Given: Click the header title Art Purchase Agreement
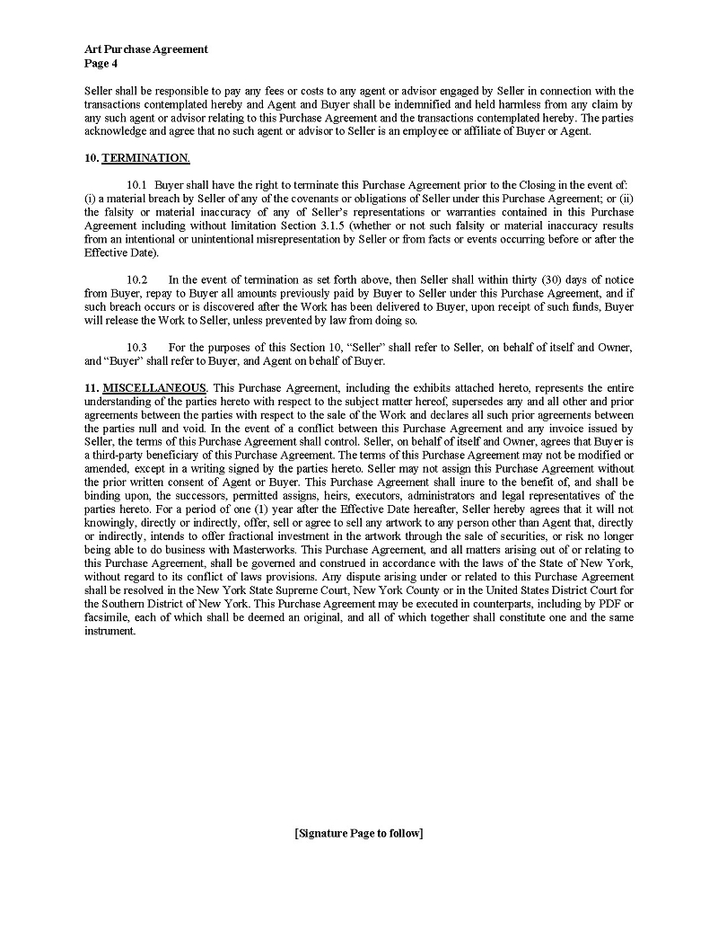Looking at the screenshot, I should (145, 49).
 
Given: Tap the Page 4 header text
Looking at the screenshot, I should (101, 63).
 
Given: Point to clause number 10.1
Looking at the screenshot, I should (136, 185).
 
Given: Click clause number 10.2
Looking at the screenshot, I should (136, 279).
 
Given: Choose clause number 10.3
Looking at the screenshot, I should (136, 348).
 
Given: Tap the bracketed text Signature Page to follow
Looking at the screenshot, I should (358, 833).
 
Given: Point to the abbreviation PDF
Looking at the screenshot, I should (609, 603).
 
